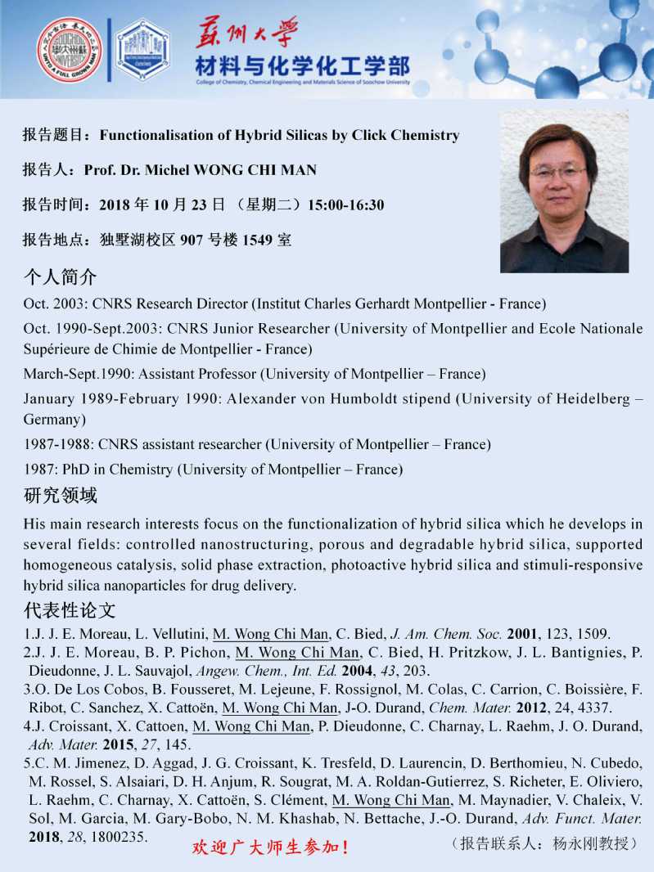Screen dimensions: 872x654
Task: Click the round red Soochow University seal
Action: (x=70, y=50)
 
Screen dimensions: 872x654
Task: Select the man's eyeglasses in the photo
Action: (x=558, y=173)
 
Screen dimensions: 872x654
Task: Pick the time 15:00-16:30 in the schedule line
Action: (x=345, y=205)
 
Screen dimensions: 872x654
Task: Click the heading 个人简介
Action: (x=60, y=276)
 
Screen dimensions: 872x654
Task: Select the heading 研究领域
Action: (x=60, y=496)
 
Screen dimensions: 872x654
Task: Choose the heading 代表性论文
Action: (x=70, y=610)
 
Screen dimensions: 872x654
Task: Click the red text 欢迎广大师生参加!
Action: (x=270, y=847)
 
